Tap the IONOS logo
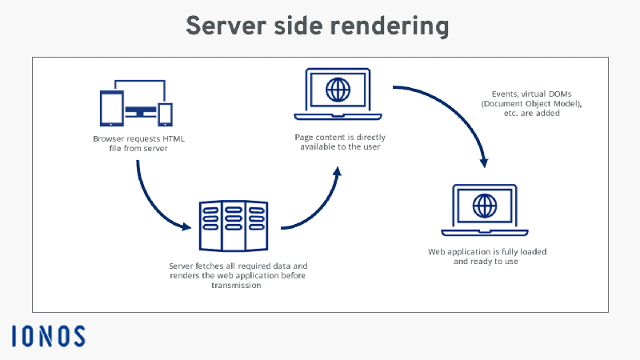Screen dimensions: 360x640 pyautogui.click(x=48, y=335)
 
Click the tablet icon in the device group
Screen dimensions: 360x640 pyautogui.click(x=110, y=107)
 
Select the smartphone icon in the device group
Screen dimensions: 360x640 pyautogui.click(x=165, y=114)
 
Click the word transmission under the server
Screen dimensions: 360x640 pyautogui.click(x=238, y=285)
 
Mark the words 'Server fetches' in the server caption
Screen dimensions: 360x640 pyautogui.click(x=195, y=265)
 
